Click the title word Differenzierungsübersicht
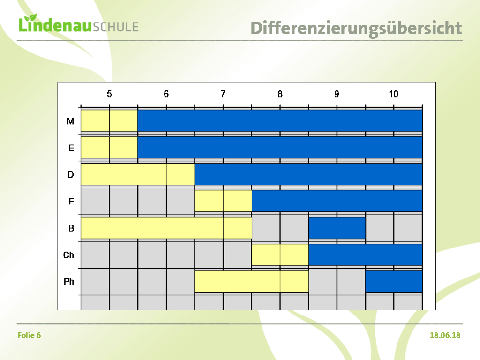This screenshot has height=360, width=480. [356, 29]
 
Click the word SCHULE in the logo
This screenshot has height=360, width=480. [116, 27]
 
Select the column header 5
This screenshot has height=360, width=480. [109, 94]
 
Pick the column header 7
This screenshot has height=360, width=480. [223, 94]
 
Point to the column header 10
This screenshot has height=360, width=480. [394, 94]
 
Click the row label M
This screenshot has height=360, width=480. [70, 121]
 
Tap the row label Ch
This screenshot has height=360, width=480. [68, 255]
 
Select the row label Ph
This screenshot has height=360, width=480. [69, 281]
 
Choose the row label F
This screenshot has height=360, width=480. [71, 202]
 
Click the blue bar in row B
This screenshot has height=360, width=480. [337, 228]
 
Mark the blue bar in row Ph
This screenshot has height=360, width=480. [394, 281]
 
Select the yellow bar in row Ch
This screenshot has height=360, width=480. [280, 255]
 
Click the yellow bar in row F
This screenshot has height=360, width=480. [223, 201]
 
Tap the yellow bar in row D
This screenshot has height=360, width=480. [138, 174]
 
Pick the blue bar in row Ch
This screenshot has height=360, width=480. [366, 255]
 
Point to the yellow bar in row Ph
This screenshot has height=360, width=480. [252, 281]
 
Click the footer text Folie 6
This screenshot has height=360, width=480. [30, 335]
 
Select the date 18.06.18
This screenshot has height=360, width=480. [445, 335]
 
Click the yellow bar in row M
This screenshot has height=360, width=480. [109, 121]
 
